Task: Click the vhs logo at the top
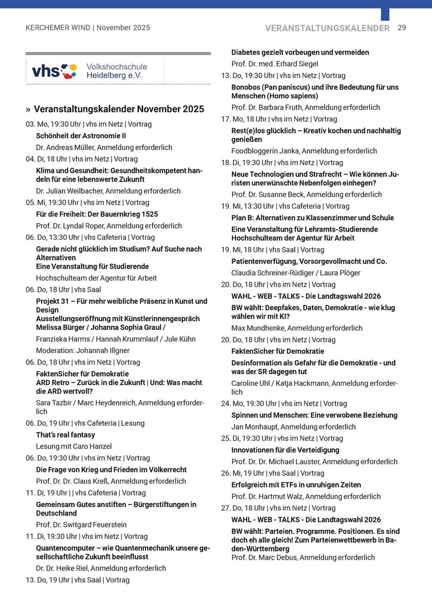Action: (x=54, y=71)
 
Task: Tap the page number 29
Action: (x=402, y=28)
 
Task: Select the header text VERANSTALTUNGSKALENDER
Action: (x=328, y=28)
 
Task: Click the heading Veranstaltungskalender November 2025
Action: (x=119, y=109)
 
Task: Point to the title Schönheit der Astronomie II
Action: (x=81, y=135)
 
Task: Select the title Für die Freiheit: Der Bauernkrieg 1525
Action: (x=97, y=214)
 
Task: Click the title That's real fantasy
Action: (x=65, y=435)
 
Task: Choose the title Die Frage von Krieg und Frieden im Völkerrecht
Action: (x=111, y=470)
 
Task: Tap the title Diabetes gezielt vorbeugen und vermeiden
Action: (x=300, y=53)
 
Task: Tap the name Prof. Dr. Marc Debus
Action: (x=264, y=557)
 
